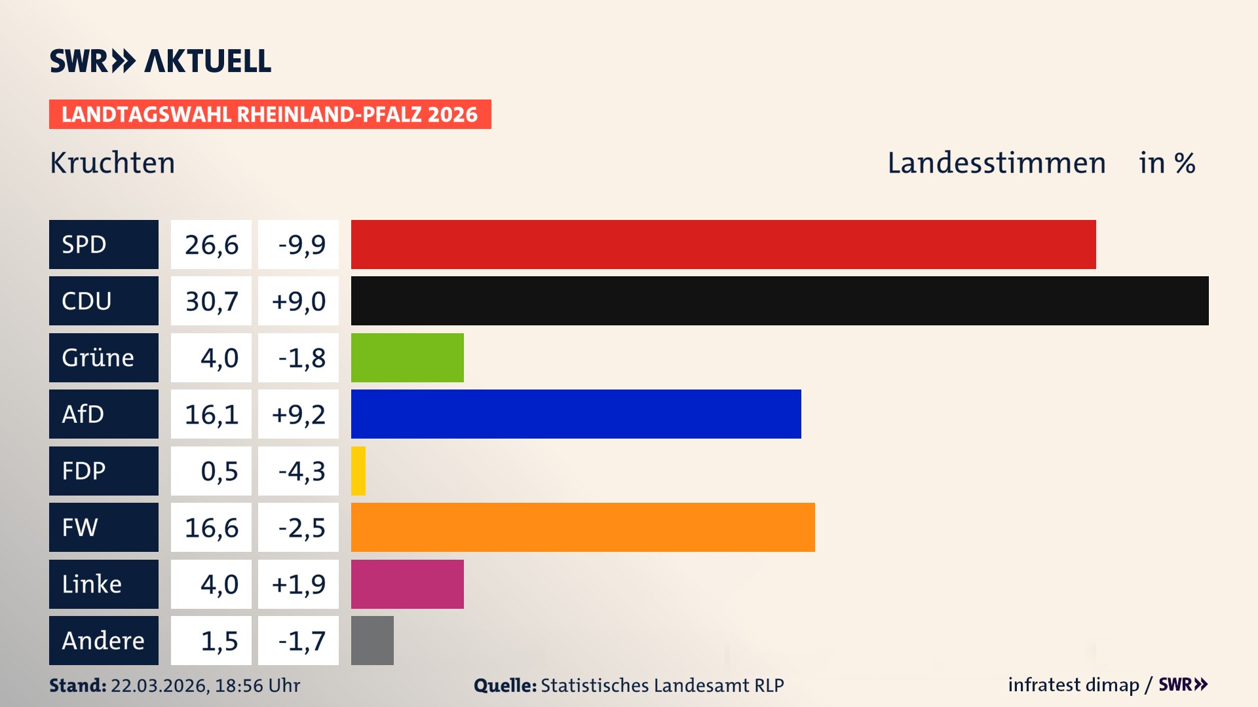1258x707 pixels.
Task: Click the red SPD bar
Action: tap(723, 244)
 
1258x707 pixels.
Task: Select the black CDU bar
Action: tap(780, 300)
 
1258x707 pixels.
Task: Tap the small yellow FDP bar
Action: tap(358, 471)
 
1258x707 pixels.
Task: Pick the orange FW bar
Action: tap(583, 527)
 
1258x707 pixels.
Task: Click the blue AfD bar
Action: tap(576, 414)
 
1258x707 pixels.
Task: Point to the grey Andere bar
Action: tap(372, 640)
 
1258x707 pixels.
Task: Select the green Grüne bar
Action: tap(407, 357)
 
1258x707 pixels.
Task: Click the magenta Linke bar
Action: tap(407, 584)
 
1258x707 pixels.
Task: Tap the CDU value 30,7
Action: tap(211, 301)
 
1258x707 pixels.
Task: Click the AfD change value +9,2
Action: tap(298, 414)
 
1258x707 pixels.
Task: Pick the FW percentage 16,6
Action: tap(211, 528)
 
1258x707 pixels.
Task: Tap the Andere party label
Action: tap(104, 640)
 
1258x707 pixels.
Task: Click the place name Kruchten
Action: tap(112, 163)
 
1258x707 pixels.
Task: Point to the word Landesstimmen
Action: tap(996, 163)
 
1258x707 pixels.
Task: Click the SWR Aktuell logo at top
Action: tap(161, 61)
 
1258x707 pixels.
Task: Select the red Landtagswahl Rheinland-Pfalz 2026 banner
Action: tap(269, 114)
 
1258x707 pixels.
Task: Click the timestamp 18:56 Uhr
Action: tap(257, 685)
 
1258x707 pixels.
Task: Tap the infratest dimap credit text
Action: tap(1073, 685)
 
